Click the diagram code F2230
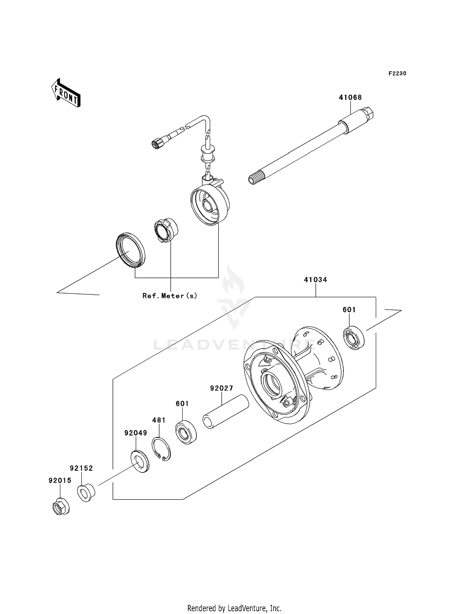[397, 74]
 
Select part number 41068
[350, 97]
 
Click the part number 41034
[315, 280]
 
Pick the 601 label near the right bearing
[349, 310]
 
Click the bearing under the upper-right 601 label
[354, 338]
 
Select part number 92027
[221, 388]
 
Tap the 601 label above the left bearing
[182, 404]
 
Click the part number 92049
[135, 433]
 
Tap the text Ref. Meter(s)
[170, 295]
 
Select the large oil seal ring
[131, 250]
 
